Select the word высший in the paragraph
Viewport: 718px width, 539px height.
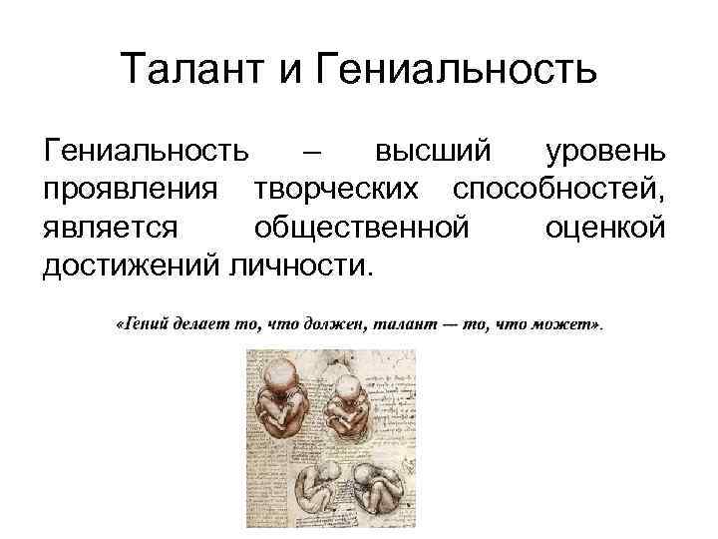(433, 154)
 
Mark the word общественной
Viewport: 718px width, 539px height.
(361, 229)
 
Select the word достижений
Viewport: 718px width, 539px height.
(134, 266)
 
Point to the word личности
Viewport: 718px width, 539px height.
(304, 266)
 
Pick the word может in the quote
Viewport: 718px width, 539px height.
(568, 325)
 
